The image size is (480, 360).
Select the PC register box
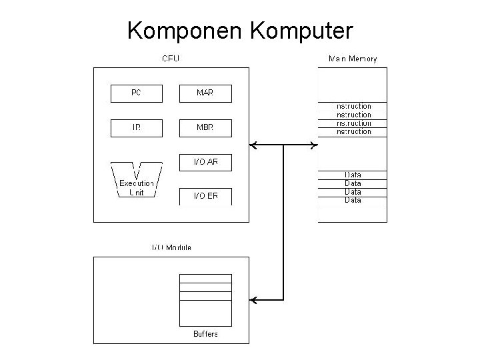(136, 93)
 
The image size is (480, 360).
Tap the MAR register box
(205, 93)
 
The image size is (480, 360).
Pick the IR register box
(136, 128)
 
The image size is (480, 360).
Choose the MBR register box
(205, 128)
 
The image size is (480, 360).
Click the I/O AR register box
(205, 162)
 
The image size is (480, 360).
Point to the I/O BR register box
(205, 196)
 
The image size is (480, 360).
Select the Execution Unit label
(136, 188)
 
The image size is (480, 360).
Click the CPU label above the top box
(171, 59)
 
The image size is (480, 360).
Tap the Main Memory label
(353, 59)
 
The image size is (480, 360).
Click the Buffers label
(205, 333)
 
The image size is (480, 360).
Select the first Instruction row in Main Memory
(353, 106)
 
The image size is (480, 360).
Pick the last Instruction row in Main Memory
(353, 132)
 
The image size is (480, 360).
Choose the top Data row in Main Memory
(353, 175)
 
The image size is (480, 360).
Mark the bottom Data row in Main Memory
(353, 200)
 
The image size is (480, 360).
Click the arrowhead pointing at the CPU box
(254, 145)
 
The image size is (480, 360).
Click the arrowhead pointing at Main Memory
(313, 145)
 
